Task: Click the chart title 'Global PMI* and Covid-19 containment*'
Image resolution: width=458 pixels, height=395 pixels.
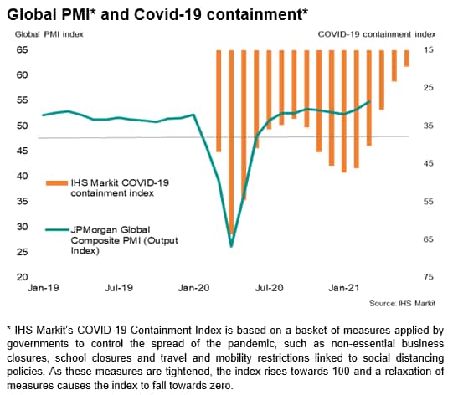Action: tap(157, 14)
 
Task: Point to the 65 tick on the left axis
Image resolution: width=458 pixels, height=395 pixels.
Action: tap(23, 49)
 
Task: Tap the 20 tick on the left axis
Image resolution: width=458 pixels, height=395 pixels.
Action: tap(23, 277)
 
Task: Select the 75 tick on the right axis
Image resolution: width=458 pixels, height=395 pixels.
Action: tap(428, 277)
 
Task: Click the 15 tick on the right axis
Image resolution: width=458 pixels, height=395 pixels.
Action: tap(428, 49)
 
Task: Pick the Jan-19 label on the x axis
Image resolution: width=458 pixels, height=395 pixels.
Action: tap(44, 288)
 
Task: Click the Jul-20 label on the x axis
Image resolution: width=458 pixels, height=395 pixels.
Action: tap(270, 288)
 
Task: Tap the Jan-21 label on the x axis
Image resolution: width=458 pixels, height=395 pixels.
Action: tap(344, 288)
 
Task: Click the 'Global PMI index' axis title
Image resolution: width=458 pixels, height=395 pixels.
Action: tap(49, 34)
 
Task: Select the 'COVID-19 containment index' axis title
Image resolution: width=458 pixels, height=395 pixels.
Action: tap(377, 34)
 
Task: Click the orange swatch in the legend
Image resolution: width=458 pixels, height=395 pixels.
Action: tap(57, 183)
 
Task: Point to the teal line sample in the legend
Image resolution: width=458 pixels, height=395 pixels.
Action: tap(58, 230)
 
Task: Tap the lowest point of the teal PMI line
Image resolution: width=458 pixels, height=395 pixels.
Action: tap(231, 246)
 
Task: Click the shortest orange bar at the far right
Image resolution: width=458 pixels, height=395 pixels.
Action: tap(407, 59)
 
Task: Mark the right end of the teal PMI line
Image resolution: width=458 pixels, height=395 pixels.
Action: tap(369, 101)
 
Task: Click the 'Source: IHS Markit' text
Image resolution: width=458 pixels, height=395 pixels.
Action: tap(402, 303)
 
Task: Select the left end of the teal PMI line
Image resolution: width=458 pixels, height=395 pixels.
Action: tap(44, 115)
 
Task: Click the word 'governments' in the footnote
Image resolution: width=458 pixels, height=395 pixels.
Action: tap(38, 344)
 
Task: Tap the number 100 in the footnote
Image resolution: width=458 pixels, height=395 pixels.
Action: tap(341, 372)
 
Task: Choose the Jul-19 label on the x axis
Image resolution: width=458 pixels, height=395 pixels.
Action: tap(119, 288)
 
